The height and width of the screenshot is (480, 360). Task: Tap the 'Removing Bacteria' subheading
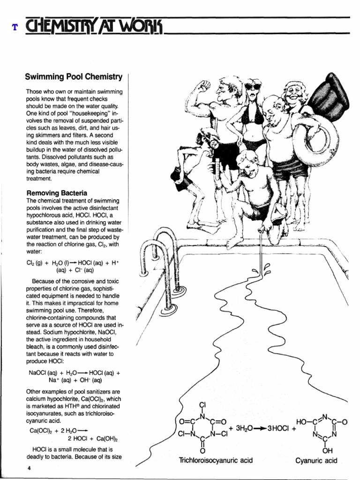(x=56, y=193)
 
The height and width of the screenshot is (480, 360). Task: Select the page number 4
(x=29, y=467)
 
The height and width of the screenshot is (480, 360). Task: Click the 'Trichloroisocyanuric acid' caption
(x=216, y=460)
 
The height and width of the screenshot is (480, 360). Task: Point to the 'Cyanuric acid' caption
(x=316, y=460)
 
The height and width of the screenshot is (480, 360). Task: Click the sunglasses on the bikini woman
(x=252, y=87)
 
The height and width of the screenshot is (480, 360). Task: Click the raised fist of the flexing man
(x=204, y=87)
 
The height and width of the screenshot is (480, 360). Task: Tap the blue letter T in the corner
(x=15, y=27)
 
